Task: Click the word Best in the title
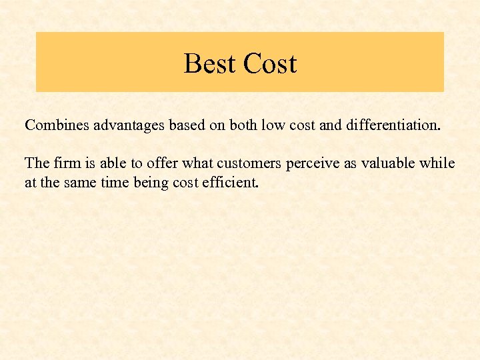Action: (209, 64)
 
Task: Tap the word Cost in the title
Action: (269, 64)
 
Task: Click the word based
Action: (177, 125)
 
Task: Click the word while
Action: (439, 163)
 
